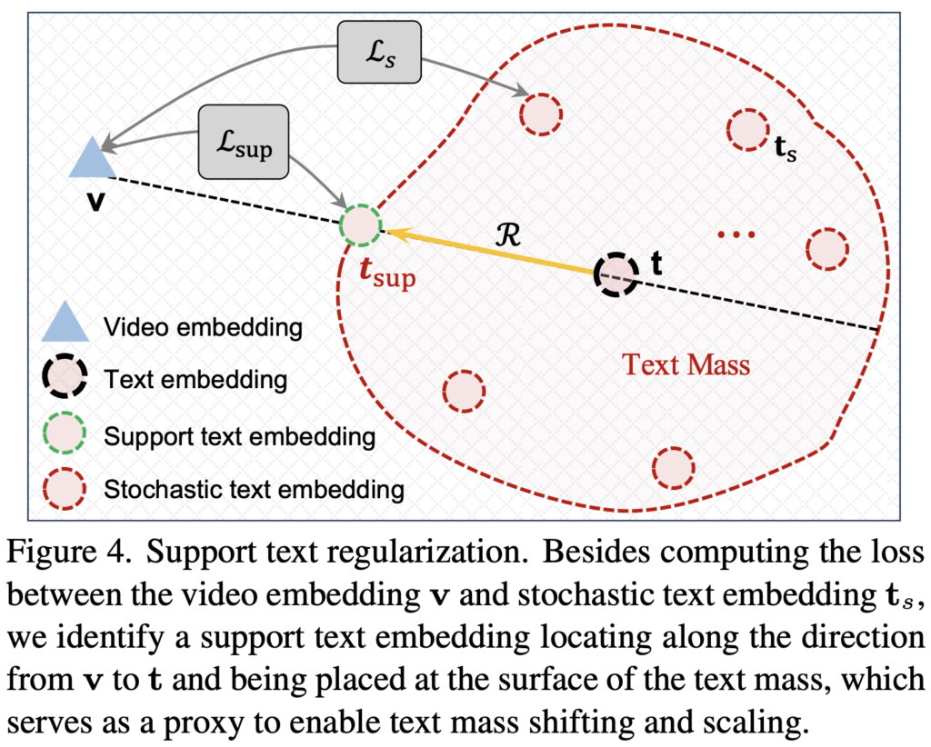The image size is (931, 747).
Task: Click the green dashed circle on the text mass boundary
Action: coord(359,224)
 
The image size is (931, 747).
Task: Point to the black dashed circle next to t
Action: coord(616,273)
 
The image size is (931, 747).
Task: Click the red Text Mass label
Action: coord(686,365)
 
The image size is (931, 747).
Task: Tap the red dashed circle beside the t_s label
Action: coord(747,129)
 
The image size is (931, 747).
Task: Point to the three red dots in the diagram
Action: coord(736,235)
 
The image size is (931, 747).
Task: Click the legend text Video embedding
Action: coord(203,327)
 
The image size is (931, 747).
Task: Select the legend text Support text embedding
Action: coord(239,436)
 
